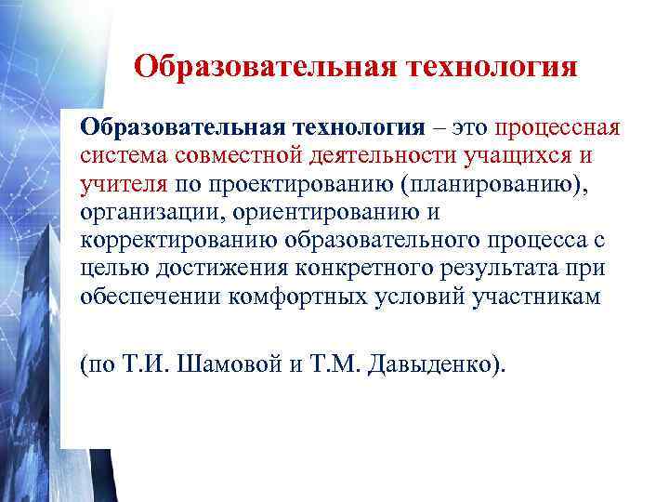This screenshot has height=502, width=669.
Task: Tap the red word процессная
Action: tap(557, 126)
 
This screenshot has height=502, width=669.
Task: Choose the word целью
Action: tap(112, 270)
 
